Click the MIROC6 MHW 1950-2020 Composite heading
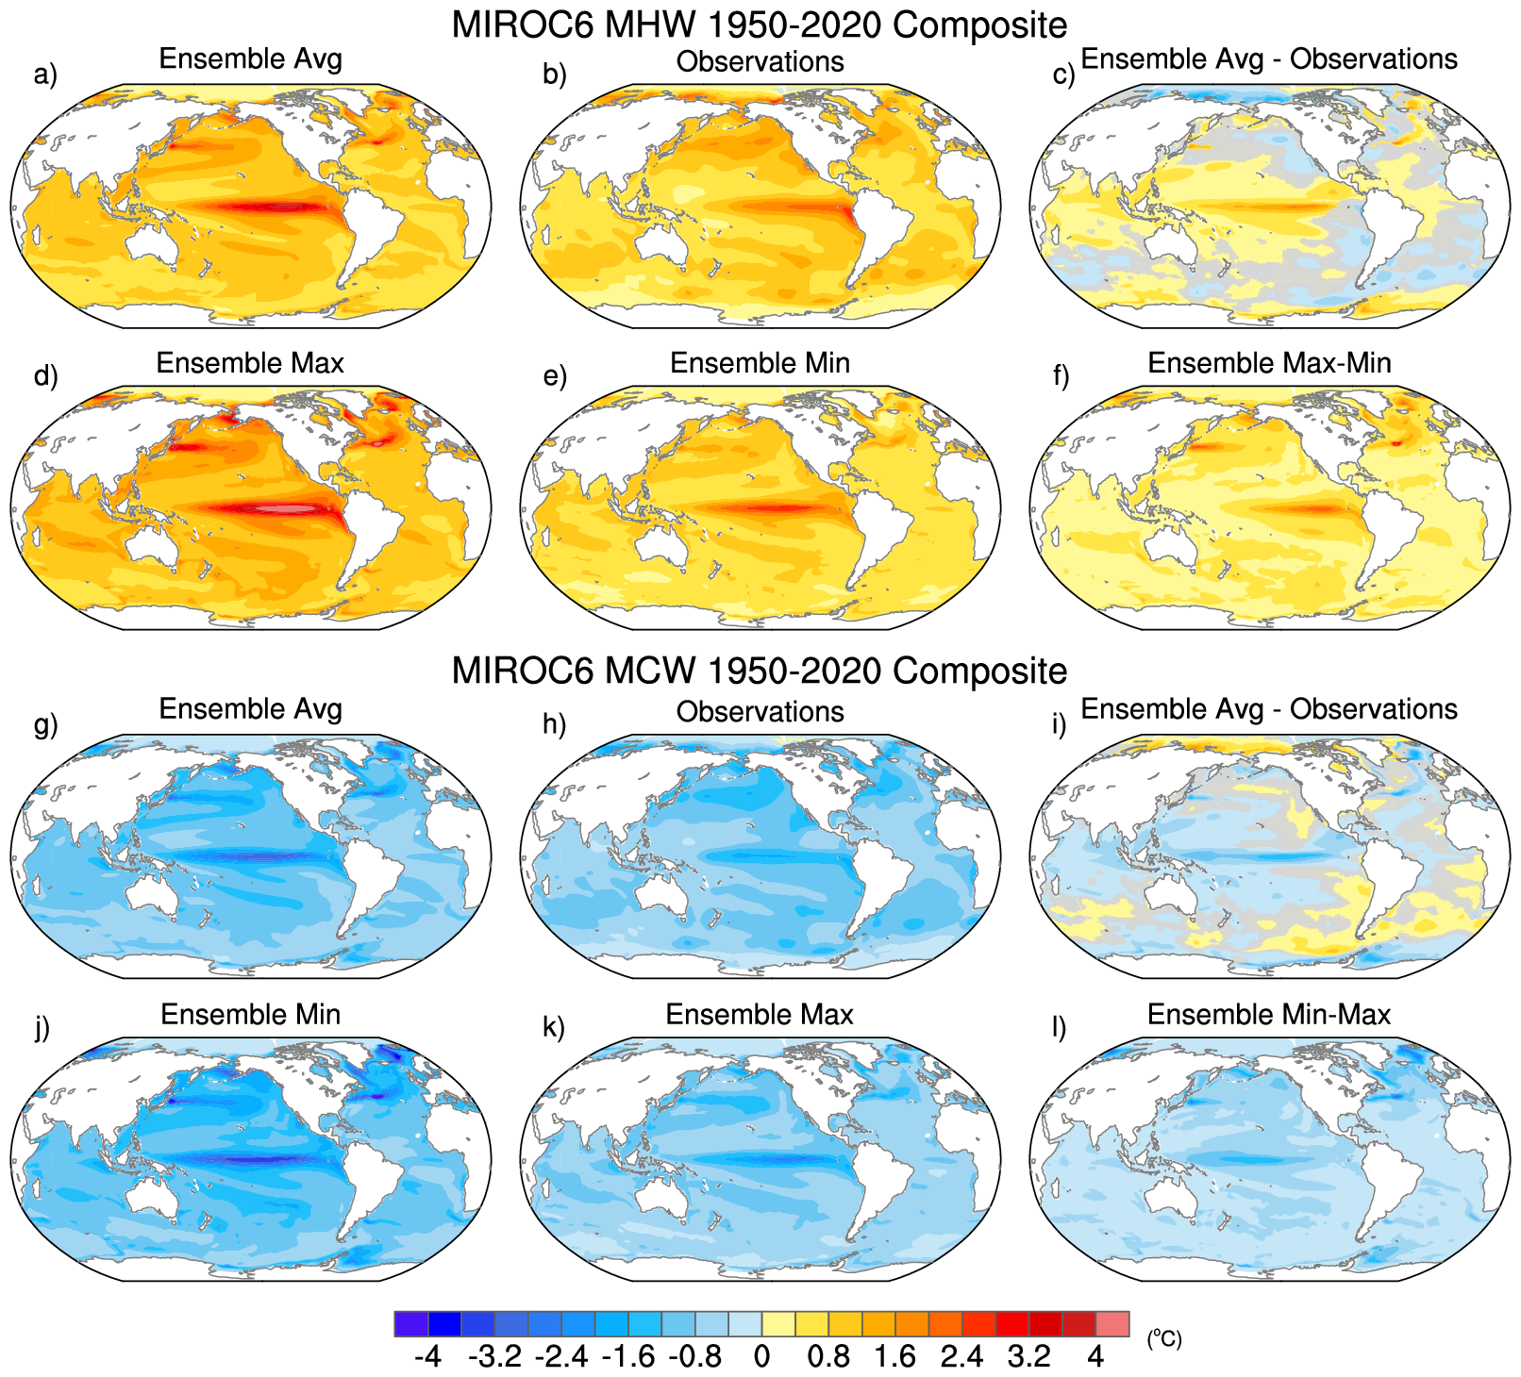(760, 25)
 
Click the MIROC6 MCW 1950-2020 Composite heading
(760, 671)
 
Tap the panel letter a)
(45, 74)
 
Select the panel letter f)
(1061, 376)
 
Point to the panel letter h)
(555, 724)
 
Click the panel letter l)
(1060, 1027)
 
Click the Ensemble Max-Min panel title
(1269, 363)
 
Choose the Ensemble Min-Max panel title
(1269, 1015)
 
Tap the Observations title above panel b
(760, 62)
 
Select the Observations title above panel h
(760, 712)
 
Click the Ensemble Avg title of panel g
(250, 709)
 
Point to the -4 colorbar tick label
(427, 1357)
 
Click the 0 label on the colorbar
(761, 1357)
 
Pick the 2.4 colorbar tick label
(961, 1357)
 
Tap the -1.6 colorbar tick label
(628, 1357)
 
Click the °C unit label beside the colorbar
(1164, 1338)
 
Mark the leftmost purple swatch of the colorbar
(411, 1324)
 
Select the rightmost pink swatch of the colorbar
(1112, 1324)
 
